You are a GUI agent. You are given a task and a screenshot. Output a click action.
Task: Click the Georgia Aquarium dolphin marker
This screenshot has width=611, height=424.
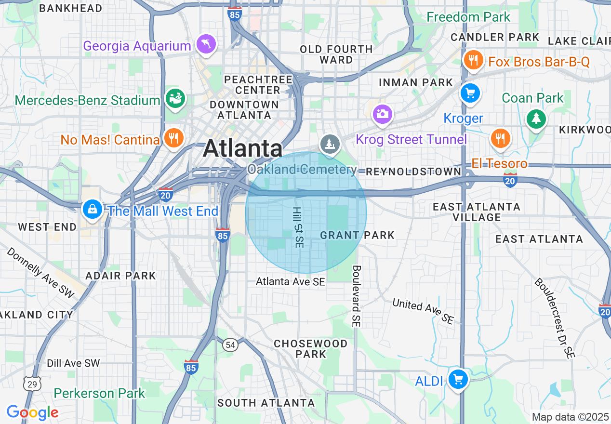(x=206, y=45)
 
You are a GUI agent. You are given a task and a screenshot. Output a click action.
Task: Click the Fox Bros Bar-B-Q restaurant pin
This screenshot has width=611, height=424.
(x=473, y=60)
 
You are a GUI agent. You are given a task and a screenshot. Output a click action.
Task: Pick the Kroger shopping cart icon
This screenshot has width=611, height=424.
(x=470, y=93)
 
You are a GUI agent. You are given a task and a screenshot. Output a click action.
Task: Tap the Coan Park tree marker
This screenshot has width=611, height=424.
(x=536, y=119)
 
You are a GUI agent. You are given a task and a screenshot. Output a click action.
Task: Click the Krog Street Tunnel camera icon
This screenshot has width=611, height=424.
(x=383, y=114)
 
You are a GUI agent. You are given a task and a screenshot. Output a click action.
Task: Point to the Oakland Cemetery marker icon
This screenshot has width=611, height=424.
(x=330, y=144)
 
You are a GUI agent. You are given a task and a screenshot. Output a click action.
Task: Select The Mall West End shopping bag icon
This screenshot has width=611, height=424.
(x=92, y=210)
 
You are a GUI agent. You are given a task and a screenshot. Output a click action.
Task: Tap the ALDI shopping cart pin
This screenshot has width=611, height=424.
(x=458, y=380)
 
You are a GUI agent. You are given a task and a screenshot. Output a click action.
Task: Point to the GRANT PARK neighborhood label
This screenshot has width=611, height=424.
(x=357, y=235)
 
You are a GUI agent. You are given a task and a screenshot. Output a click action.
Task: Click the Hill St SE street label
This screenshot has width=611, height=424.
(x=298, y=228)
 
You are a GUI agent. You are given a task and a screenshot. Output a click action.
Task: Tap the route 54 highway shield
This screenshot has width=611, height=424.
(x=231, y=344)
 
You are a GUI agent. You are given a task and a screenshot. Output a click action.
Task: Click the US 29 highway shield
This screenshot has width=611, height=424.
(x=31, y=384)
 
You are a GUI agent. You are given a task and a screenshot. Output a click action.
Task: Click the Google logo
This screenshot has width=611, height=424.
(x=32, y=412)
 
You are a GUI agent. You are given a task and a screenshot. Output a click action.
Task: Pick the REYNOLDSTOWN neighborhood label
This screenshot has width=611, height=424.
(x=413, y=172)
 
